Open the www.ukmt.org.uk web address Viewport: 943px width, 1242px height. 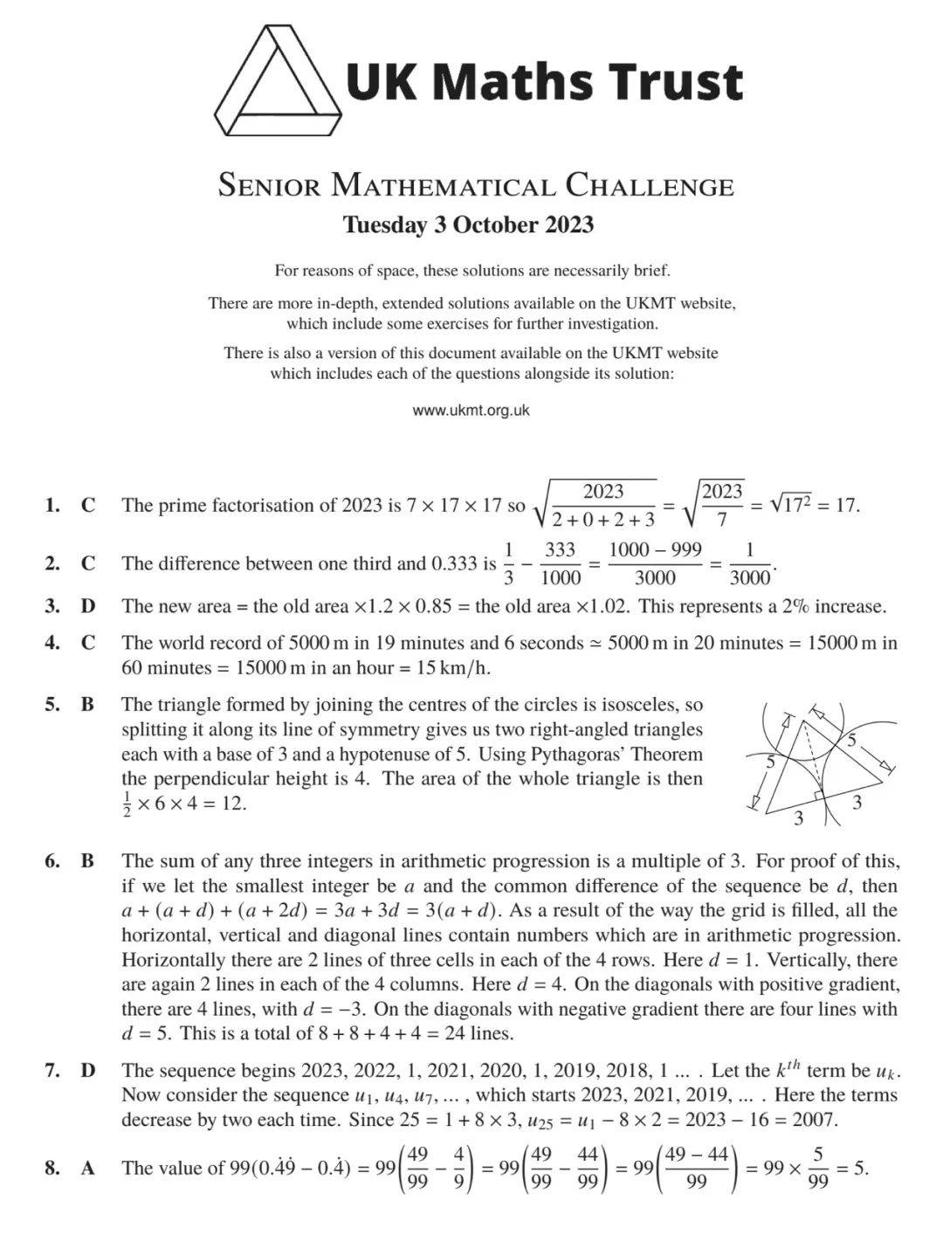click(471, 410)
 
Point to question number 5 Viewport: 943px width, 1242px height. click(52, 704)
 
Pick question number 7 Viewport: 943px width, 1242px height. click(52, 1070)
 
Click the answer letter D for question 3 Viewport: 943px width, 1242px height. click(87, 606)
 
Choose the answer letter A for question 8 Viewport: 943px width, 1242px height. click(87, 1168)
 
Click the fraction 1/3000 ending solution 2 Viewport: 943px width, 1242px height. click(749, 563)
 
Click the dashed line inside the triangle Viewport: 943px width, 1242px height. click(813, 756)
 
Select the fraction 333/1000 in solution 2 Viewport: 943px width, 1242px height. click(560, 563)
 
